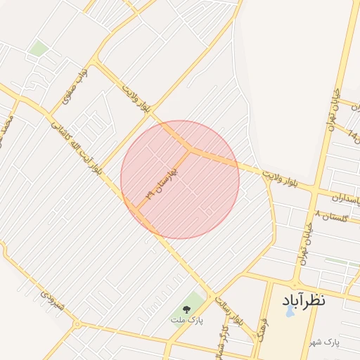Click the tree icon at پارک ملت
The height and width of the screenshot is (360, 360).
click(x=186, y=309)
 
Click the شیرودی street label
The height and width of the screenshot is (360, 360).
click(x=53, y=306)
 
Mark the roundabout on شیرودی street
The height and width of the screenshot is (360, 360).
click(x=77, y=324)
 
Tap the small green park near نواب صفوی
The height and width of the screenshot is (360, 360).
click(x=38, y=49)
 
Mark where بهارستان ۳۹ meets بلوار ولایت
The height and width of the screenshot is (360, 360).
click(x=190, y=148)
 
